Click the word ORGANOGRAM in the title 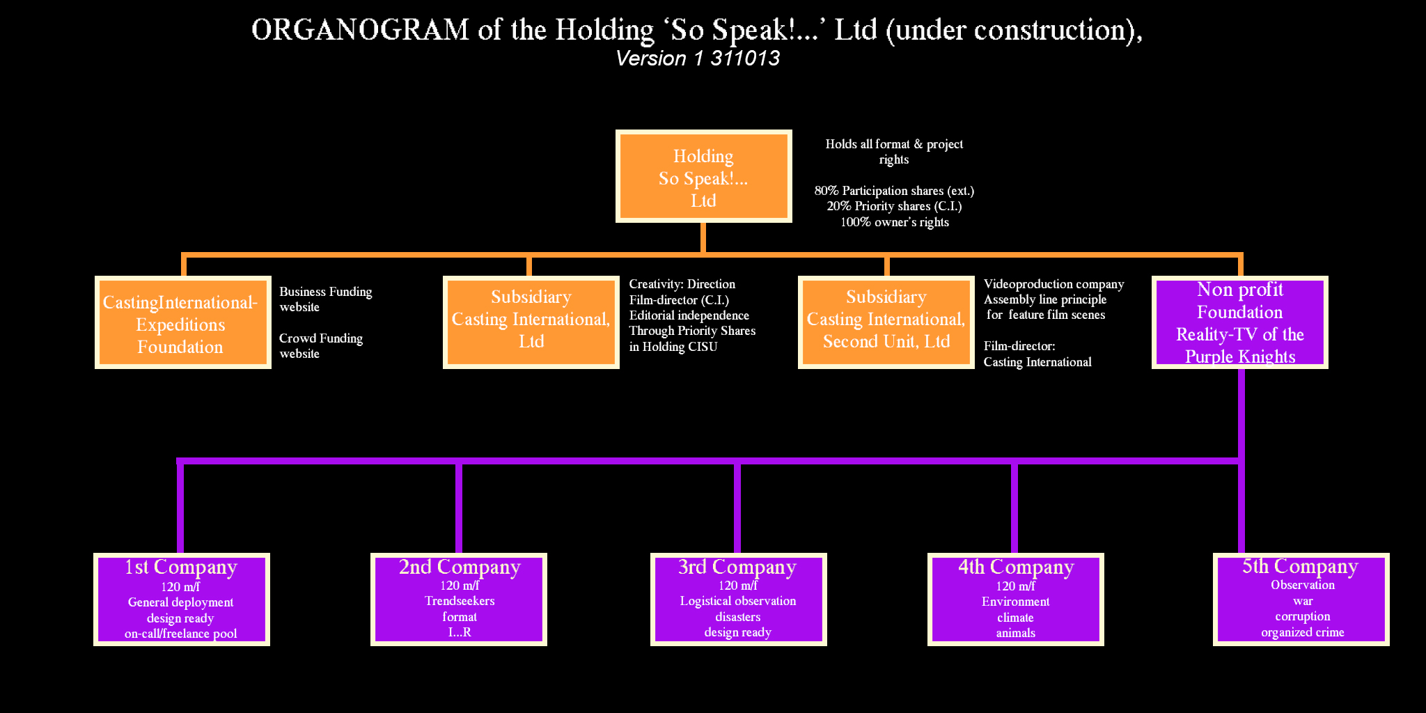pos(361,30)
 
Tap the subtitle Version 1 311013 pos(698,58)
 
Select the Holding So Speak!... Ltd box pos(703,176)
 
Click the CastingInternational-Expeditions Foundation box pos(183,322)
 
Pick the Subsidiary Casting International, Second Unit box pos(886,322)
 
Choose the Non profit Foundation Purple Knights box pos(1240,322)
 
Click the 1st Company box pos(182,600)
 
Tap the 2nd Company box pos(459,600)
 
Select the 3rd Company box pos(739,600)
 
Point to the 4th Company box pos(1016,600)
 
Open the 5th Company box pos(1301,600)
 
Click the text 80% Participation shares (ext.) pos(894,191)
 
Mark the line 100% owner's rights pos(894,222)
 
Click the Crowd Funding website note pos(321,346)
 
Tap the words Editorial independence pos(689,315)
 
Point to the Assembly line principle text pos(1045,299)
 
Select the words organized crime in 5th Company pos(1302,632)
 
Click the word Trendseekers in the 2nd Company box pos(460,601)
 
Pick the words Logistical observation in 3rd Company pos(738,601)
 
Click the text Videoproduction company pos(1053,284)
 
